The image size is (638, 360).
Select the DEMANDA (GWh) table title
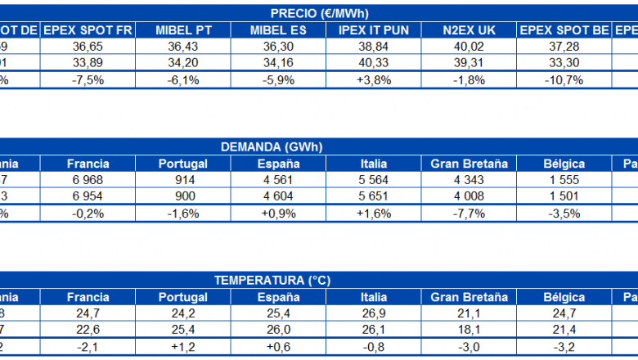pos(272,147)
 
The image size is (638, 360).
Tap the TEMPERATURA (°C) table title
pos(272,281)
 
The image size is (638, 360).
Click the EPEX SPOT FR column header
pos(88,30)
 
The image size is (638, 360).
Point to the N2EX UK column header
pos(469,30)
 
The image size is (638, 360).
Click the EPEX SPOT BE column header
pos(564,30)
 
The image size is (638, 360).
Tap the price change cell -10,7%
pos(564,80)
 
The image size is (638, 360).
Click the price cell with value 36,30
pos(278,47)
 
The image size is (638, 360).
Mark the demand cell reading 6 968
pos(88,180)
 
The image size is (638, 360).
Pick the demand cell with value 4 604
pos(278,197)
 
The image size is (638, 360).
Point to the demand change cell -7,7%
pos(469,214)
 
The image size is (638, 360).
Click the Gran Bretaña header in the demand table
pos(469,164)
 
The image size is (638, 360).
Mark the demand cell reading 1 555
pos(564,180)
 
